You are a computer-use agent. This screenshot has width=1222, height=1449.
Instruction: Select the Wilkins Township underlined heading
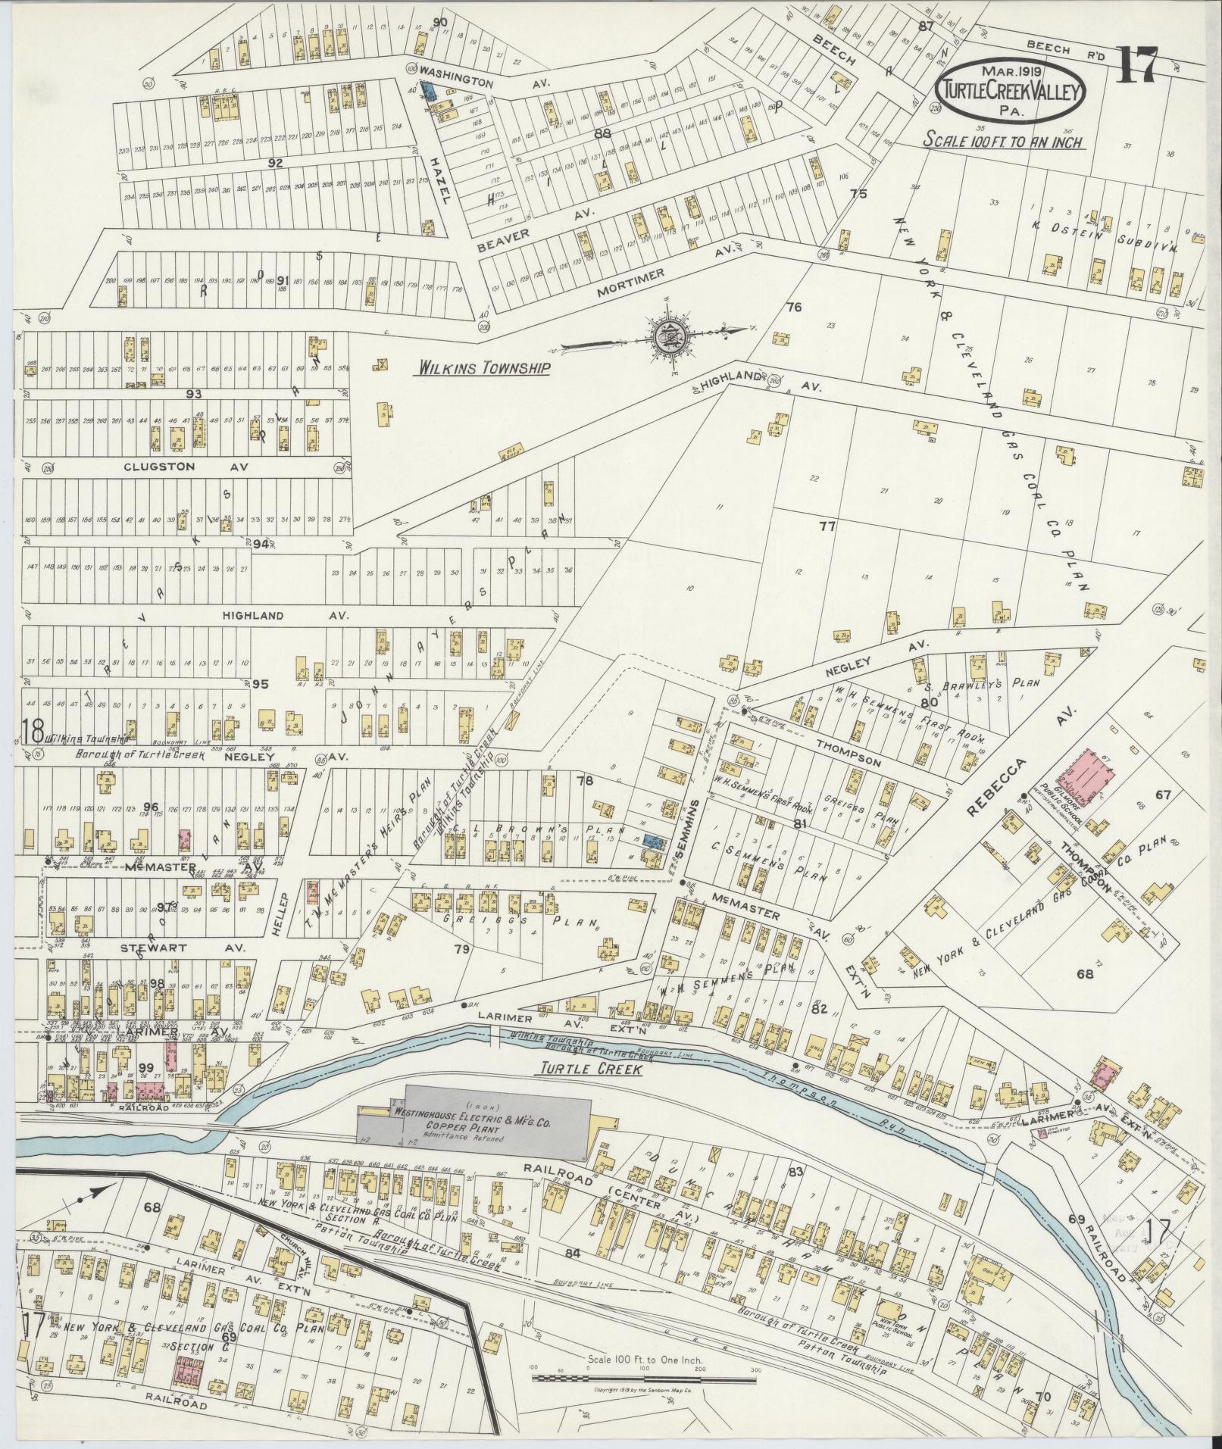coord(482,369)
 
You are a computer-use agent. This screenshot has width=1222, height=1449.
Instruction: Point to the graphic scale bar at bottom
coord(645,1375)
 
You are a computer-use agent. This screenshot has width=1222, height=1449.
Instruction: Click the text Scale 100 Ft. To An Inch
coord(1002,141)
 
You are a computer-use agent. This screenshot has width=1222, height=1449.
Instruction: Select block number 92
coord(275,162)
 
